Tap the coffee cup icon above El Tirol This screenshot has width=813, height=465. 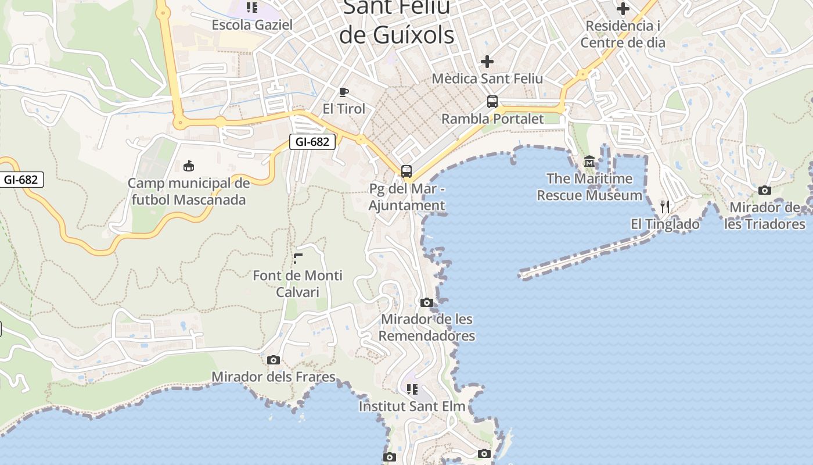pos(344,91)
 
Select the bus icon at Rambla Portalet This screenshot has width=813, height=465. pos(492,101)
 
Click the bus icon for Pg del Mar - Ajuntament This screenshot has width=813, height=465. pos(406,171)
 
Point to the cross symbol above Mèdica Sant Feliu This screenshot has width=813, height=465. pos(487,61)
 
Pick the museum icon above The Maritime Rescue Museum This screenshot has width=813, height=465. pos(589,160)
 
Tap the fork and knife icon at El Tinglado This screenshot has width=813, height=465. pos(665,206)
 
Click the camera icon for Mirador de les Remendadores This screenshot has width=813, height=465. pos(427,302)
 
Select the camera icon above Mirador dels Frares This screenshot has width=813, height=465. pos(274,360)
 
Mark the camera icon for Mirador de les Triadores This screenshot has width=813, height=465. pos(765,190)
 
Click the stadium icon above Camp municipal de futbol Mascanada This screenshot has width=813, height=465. pos(189,166)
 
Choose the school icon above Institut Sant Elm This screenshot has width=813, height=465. pos(412,389)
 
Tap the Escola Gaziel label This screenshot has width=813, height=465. pos(252,25)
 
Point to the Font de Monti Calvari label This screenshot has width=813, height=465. pos(298,283)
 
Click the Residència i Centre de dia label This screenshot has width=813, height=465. pos(623,34)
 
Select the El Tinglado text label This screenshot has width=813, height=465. pos(665,224)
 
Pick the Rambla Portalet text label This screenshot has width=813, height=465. pos(492,119)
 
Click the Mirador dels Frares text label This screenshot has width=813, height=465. pos(274,377)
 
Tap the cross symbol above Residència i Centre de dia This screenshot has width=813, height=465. pos(623,9)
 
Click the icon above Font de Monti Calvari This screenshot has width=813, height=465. pos(298,259)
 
